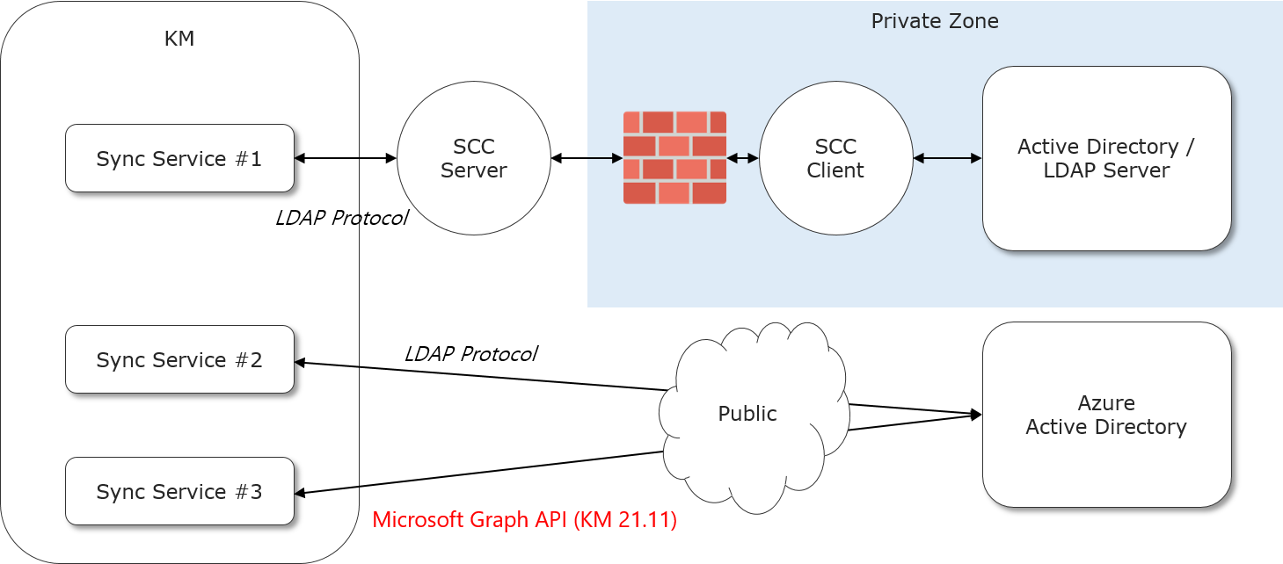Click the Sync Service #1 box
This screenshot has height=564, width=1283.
(x=179, y=158)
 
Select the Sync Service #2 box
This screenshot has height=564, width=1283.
(x=179, y=359)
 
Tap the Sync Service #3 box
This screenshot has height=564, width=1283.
(x=179, y=491)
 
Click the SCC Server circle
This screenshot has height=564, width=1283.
(x=474, y=158)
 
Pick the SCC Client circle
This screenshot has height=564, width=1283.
(x=835, y=158)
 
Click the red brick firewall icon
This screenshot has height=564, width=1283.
(x=674, y=158)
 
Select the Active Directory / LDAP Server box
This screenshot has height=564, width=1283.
(x=1106, y=158)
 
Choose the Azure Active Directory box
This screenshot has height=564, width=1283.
(x=1106, y=415)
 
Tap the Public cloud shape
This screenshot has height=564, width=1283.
(x=747, y=414)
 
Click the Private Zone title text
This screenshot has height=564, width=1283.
(x=935, y=21)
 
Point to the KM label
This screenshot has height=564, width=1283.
(x=179, y=39)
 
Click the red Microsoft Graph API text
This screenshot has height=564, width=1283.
(x=525, y=519)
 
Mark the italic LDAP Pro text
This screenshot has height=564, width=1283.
(x=317, y=219)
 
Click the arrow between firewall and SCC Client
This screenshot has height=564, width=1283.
(x=743, y=158)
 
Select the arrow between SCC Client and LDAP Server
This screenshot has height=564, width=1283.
(x=947, y=158)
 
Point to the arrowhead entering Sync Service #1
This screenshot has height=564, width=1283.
(x=300, y=158)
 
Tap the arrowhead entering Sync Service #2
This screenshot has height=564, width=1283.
(x=300, y=362)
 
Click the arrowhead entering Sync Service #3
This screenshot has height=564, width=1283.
(x=300, y=492)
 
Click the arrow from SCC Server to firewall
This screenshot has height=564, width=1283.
(x=604, y=158)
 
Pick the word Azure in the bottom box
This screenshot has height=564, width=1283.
(x=1106, y=403)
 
